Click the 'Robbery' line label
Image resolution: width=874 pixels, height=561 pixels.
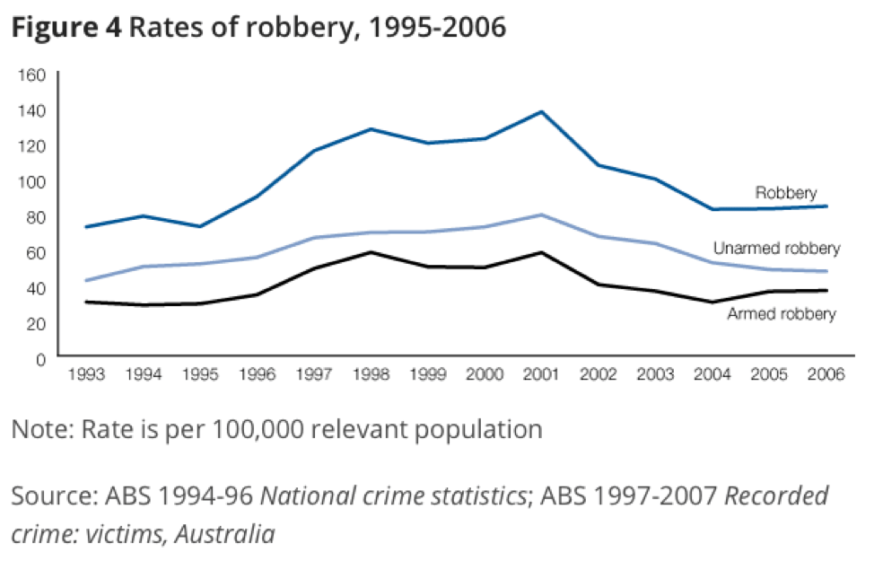pos(785,193)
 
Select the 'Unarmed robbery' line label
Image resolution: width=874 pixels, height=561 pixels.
pos(776,249)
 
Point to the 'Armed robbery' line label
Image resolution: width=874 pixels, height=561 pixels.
pos(782,314)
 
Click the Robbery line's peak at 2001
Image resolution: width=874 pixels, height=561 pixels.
pos(541,111)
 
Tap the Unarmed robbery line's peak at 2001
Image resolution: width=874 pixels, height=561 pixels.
pos(541,215)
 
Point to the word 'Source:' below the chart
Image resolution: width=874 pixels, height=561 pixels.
pos(48,497)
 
